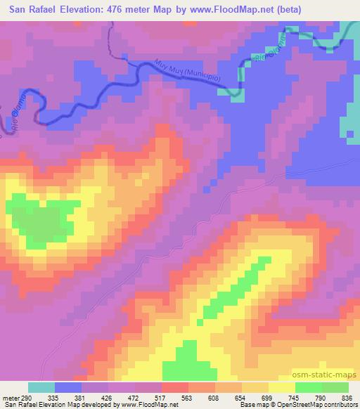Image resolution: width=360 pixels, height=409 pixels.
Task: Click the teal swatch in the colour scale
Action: point(41,387)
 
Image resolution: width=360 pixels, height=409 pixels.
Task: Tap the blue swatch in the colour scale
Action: point(68,387)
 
